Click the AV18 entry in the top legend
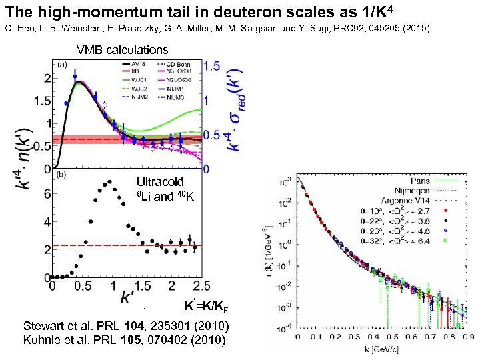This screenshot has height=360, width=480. (141, 65)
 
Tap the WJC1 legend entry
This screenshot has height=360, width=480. (141, 80)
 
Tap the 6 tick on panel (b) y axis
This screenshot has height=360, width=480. (46, 194)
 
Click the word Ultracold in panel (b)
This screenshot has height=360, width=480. (159, 181)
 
